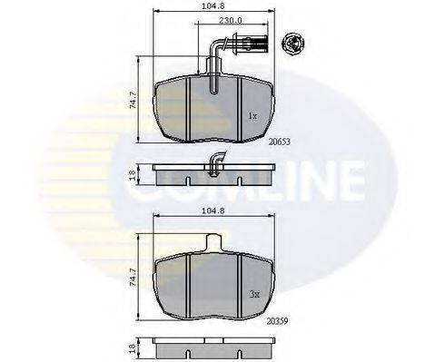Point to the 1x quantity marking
pyautogui.click(x=253, y=116)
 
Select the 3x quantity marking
pyautogui.click(x=253, y=294)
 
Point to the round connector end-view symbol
pyautogui.click(x=293, y=40)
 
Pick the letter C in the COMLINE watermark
pyautogui.click(x=127, y=186)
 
